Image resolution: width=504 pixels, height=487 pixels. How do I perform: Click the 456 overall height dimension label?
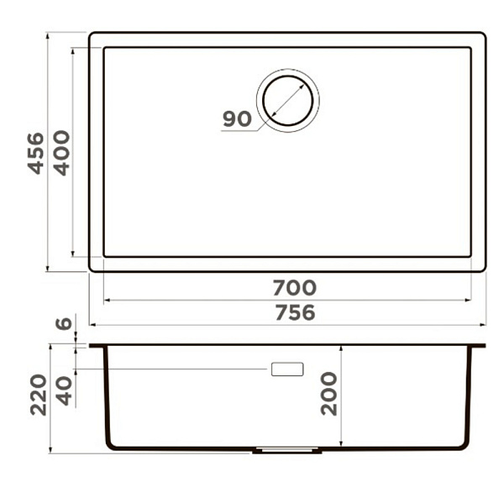pos(35,153)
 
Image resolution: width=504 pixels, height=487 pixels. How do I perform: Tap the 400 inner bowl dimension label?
pos(61,153)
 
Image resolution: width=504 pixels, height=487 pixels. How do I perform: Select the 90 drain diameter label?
pos(237,118)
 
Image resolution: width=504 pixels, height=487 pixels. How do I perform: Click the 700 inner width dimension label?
pos(295,287)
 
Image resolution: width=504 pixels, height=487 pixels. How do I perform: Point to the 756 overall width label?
pos(296,312)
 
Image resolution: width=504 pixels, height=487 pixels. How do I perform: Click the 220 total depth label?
pos(39,395)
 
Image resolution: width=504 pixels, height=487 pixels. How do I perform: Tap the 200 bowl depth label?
pos(328,394)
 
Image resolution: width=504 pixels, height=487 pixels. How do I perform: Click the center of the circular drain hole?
pos(287,100)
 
